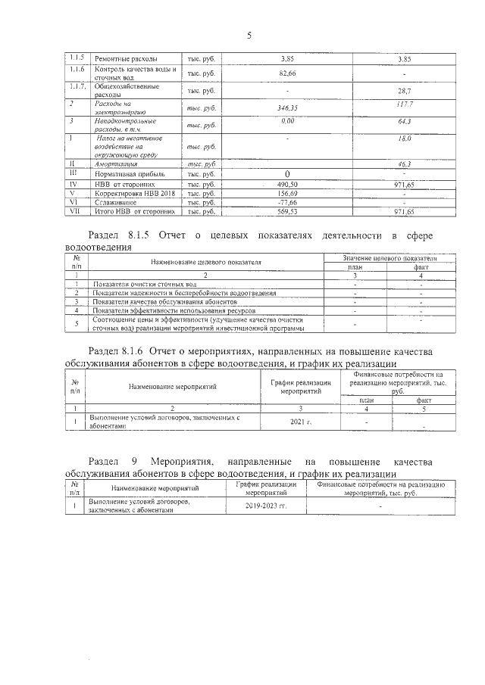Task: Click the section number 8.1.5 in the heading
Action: pyautogui.click(x=138, y=236)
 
